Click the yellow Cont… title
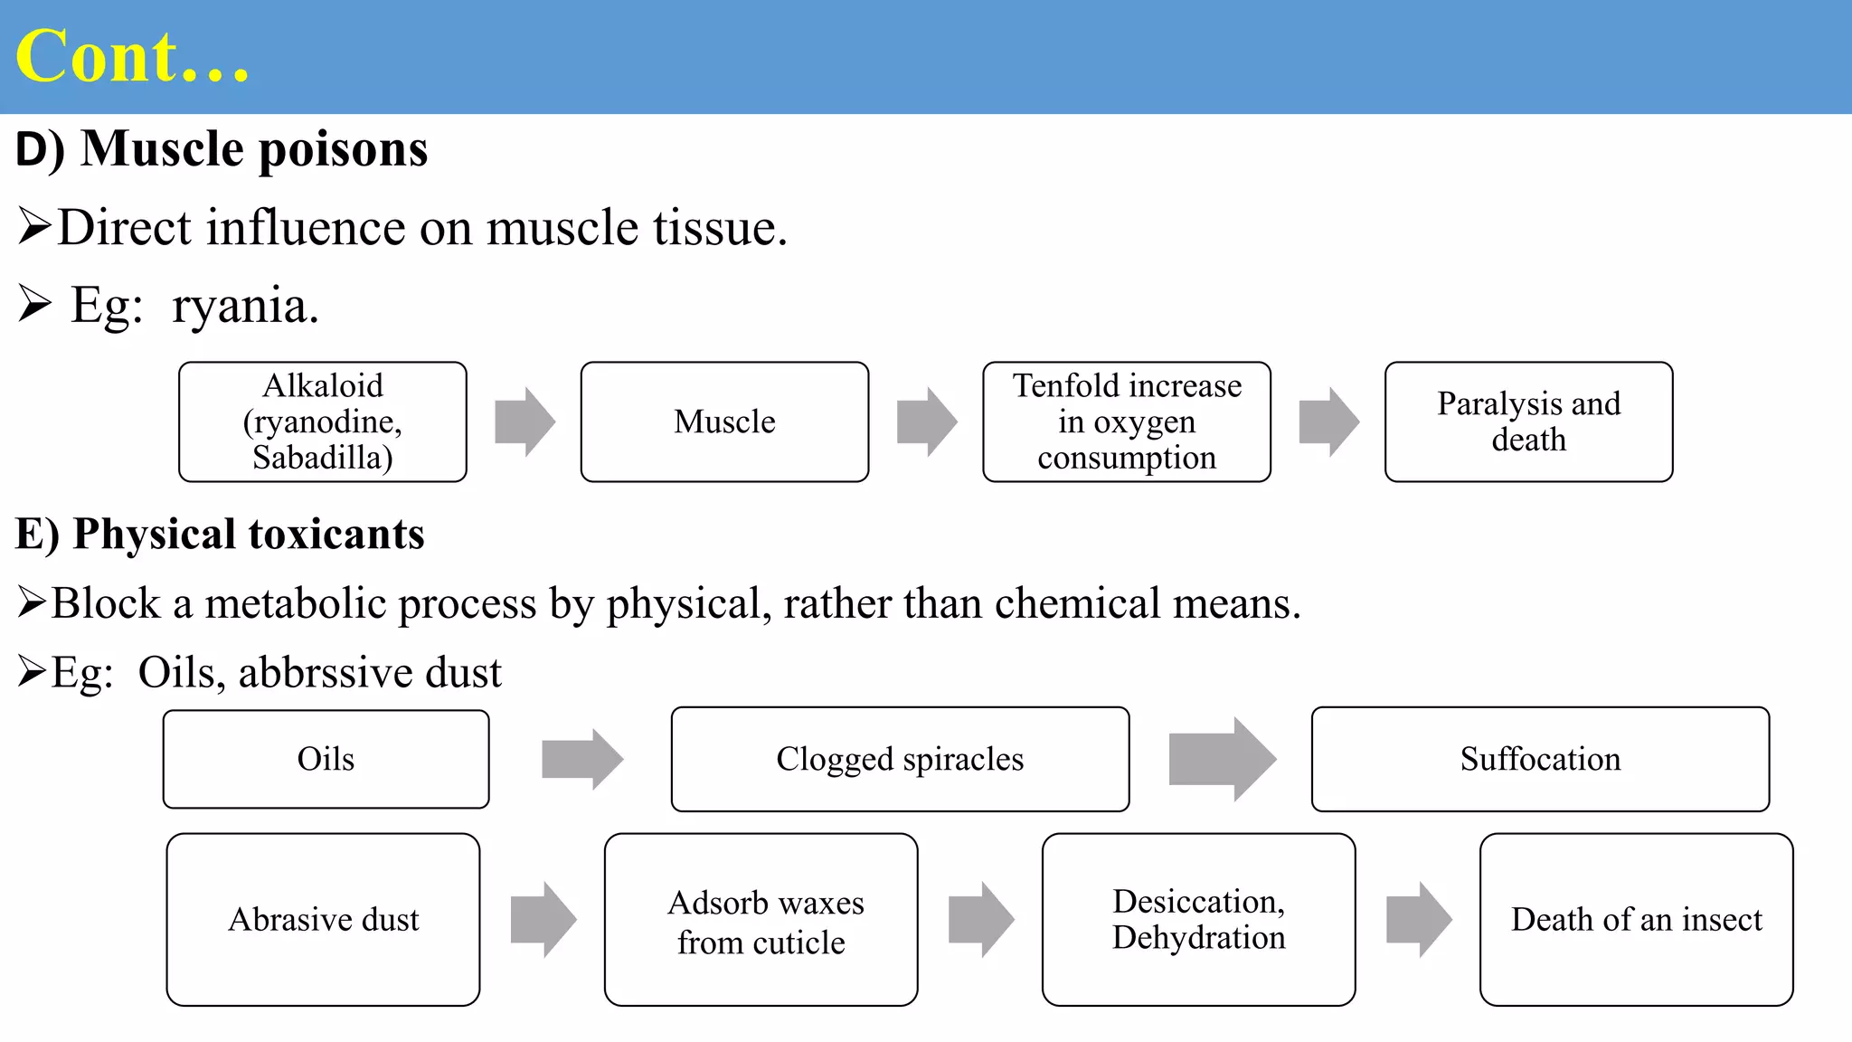pyautogui.click(x=132, y=56)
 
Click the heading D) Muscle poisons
pyautogui.click(x=222, y=148)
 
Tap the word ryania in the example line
pyautogui.click(x=244, y=306)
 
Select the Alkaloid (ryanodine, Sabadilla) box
pyautogui.click(x=323, y=422)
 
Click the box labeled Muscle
pyautogui.click(x=724, y=422)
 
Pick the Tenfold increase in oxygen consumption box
pyautogui.click(x=1127, y=422)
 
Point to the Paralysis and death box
pyautogui.click(x=1528, y=422)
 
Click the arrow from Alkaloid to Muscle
pyautogui.click(x=524, y=422)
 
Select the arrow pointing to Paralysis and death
pyautogui.click(x=1328, y=422)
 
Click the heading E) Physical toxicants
pyautogui.click(x=220, y=534)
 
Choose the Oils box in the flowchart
pyautogui.click(x=326, y=759)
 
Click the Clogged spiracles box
pyautogui.click(x=900, y=759)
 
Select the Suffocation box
pyautogui.click(x=1540, y=759)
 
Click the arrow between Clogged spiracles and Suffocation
pyautogui.click(x=1221, y=759)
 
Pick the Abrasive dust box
pyautogui.click(x=323, y=919)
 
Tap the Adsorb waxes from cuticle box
pyautogui.click(x=761, y=919)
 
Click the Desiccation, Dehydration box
pyautogui.click(x=1198, y=919)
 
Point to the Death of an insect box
pyautogui.click(x=1636, y=919)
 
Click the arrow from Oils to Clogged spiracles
pyautogui.click(x=581, y=759)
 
